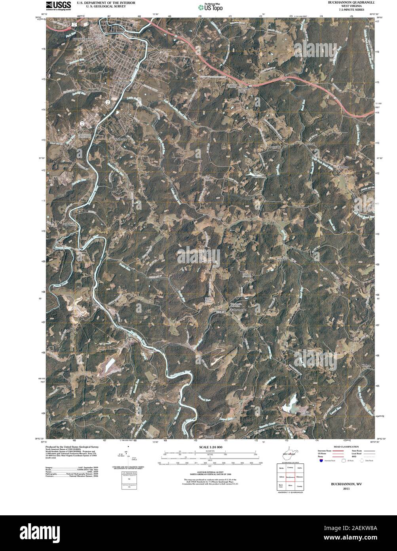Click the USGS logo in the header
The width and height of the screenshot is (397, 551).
tap(59, 5)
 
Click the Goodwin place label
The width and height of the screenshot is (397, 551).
tap(282, 258)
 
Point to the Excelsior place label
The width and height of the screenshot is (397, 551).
tap(344, 167)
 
